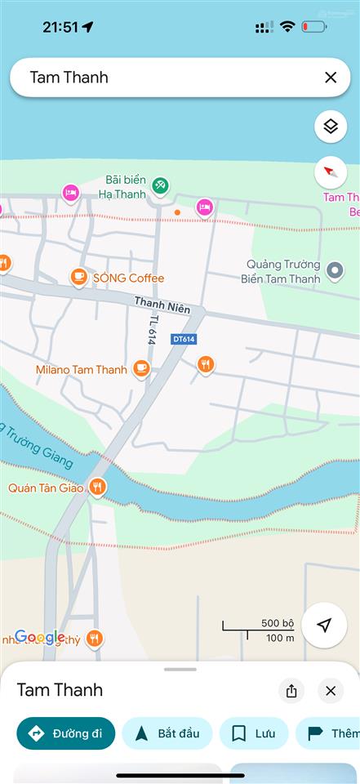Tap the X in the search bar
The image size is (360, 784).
coord(331,78)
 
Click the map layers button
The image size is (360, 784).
coord(331,126)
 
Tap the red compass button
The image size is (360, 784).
coord(331,172)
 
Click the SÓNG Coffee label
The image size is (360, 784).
coord(128,278)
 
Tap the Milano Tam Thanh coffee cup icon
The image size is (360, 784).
coord(141,368)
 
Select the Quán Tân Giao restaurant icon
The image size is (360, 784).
coord(98,488)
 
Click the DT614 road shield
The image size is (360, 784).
coord(184,338)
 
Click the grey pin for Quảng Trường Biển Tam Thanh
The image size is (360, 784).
coord(334,270)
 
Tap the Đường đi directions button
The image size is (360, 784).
coord(65,733)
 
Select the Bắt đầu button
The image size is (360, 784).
coord(167,733)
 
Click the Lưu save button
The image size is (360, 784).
coord(254,733)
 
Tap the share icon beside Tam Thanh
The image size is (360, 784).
coord(291,691)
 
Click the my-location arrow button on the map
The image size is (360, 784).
coord(324,626)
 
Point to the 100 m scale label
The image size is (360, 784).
coord(280,638)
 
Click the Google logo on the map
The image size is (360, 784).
coord(39,637)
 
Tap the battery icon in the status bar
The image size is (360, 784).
coord(314,27)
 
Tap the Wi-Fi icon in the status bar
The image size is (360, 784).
coord(287,27)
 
